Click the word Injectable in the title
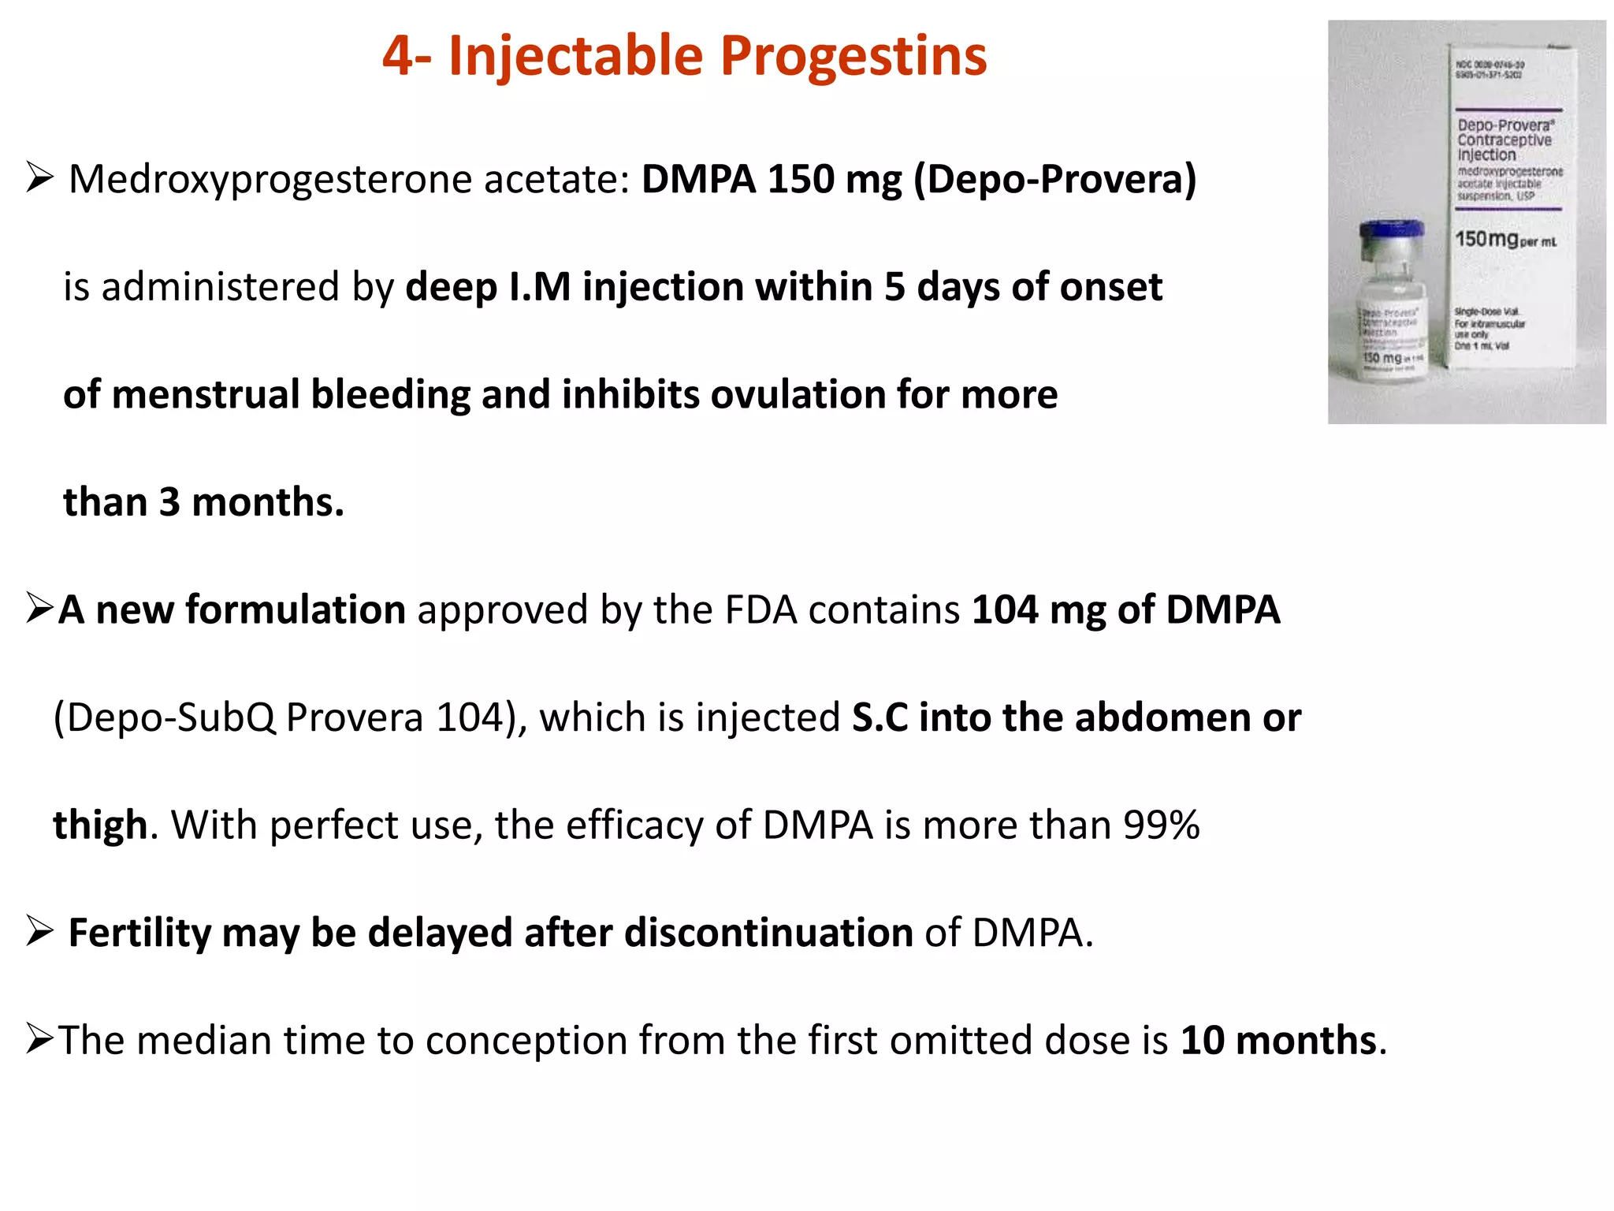pyautogui.click(x=575, y=57)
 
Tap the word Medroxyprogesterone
pyautogui.click(x=270, y=180)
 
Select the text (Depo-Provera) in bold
pyautogui.click(x=1054, y=180)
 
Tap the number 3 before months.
pyautogui.click(x=169, y=502)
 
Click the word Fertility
pyautogui.click(x=139, y=933)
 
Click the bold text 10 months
pyautogui.click(x=1277, y=1041)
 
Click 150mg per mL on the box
pyautogui.click(x=1504, y=239)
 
